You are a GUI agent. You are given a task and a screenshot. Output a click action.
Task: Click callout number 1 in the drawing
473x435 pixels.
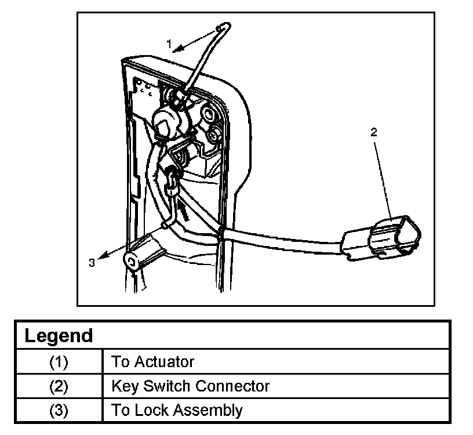point(169,43)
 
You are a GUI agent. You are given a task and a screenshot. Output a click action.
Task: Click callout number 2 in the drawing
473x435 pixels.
point(374,132)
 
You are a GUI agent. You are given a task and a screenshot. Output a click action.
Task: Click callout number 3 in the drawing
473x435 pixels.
point(92,263)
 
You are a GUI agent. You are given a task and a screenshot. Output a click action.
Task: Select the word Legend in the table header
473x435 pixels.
point(59,335)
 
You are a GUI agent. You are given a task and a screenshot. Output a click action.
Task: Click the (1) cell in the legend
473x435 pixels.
point(59,362)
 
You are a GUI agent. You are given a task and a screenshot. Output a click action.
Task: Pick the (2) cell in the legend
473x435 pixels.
point(59,386)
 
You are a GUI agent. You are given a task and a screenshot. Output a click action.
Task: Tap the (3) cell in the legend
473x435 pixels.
point(59,410)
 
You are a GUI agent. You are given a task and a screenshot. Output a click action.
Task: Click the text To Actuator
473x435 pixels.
point(152,362)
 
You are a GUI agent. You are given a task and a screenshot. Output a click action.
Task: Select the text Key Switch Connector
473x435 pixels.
point(190,386)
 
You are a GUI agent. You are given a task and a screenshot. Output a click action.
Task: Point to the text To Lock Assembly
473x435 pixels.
point(177,410)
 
